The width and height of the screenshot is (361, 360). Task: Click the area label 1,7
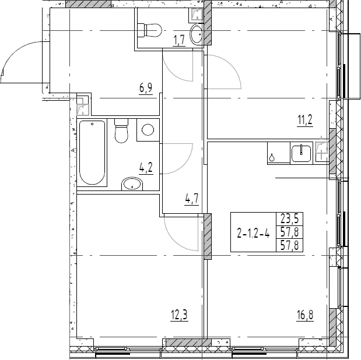[179, 40]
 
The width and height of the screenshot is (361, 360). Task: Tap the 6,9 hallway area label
[146, 88]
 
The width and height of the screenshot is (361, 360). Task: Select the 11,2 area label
[304, 121]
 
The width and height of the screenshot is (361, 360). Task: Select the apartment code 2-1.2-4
[253, 234]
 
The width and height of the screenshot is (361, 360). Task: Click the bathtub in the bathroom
[92, 152]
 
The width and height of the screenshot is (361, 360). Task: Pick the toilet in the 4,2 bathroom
[121, 131]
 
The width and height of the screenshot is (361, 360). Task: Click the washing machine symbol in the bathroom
[148, 130]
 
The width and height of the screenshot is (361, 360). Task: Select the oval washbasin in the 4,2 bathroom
[132, 185]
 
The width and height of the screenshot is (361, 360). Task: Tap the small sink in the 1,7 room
[197, 33]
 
